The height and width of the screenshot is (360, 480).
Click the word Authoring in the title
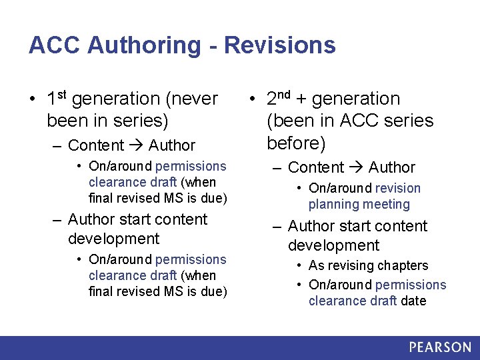(143, 45)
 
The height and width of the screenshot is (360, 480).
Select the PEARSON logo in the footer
(439, 347)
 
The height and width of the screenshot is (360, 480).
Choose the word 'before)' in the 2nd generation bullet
(296, 143)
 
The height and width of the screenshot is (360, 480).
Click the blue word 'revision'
(397, 189)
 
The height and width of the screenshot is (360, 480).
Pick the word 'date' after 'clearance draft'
(413, 301)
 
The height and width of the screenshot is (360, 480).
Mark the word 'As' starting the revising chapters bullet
(316, 265)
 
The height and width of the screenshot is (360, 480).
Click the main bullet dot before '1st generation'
(33, 100)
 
